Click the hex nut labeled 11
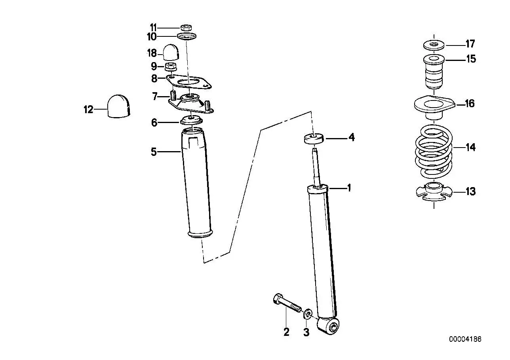point(186,28)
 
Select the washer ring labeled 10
point(187,36)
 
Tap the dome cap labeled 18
point(171,52)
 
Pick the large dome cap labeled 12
point(118,106)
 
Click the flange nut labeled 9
point(171,66)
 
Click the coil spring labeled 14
point(434,151)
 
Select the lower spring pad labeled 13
point(434,192)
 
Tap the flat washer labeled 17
point(434,45)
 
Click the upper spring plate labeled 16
point(434,107)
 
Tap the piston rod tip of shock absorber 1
point(315,150)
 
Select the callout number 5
point(154,152)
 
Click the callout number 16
point(470,104)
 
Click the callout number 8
point(154,78)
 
